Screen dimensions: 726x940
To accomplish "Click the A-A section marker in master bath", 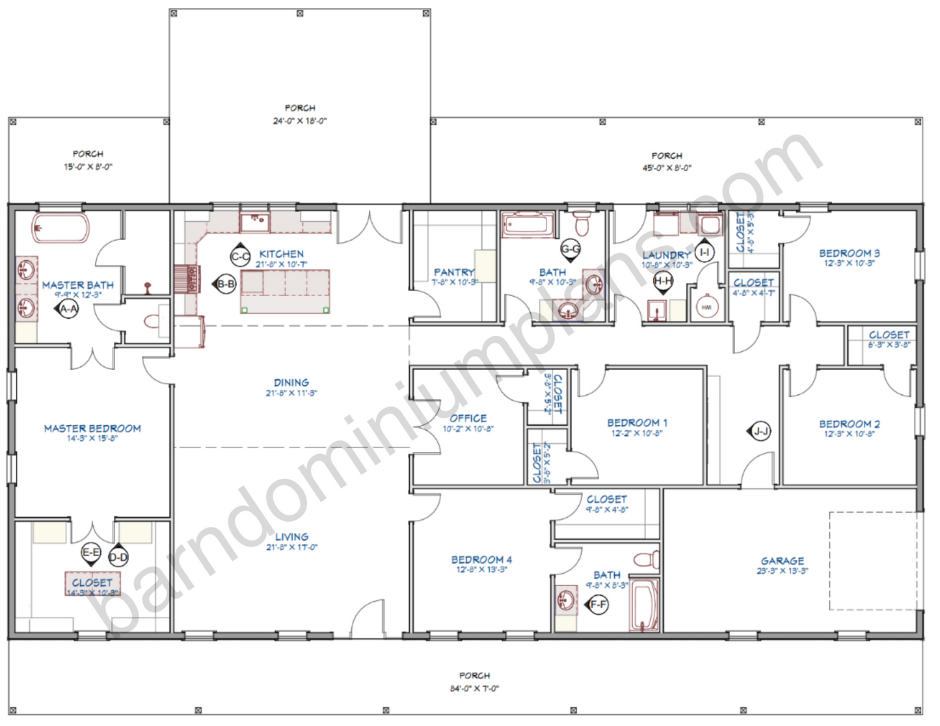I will (x=68, y=309).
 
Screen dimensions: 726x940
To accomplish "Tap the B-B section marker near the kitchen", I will (x=226, y=284).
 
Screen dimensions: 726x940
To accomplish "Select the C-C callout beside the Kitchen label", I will (x=240, y=256).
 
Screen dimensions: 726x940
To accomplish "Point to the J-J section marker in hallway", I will (x=760, y=431).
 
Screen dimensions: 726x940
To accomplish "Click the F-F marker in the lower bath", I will (x=597, y=605).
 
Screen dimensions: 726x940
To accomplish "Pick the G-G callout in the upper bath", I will (x=571, y=249).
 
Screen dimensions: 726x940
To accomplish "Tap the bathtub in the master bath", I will (x=60, y=228).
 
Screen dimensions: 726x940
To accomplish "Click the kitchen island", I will (x=285, y=291).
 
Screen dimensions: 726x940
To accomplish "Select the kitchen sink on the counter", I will (x=254, y=222).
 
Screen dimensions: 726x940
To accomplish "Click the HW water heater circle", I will (x=706, y=307).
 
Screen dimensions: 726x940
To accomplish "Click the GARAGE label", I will (x=782, y=561).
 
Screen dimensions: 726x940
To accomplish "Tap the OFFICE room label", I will (x=468, y=418).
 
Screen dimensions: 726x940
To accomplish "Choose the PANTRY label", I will (x=454, y=272).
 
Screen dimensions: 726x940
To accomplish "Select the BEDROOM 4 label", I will (x=481, y=559).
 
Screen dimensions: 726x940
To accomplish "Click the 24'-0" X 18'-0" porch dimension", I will (x=300, y=121).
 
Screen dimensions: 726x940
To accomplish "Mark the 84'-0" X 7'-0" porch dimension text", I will (x=474, y=688).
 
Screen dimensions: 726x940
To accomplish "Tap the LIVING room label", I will (x=291, y=537).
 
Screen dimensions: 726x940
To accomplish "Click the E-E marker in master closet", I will (x=91, y=553).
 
